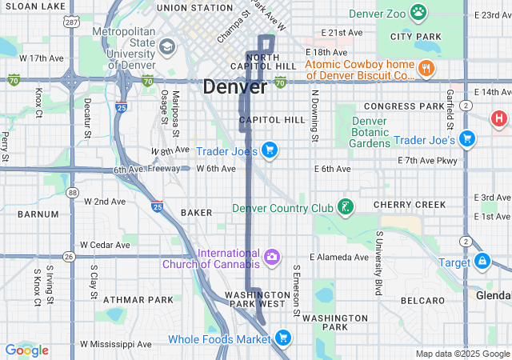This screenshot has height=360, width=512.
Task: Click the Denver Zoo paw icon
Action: (418, 12)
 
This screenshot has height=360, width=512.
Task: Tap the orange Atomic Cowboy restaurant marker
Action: (426, 69)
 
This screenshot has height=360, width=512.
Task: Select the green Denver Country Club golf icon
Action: (346, 208)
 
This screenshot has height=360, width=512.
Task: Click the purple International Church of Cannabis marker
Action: (272, 257)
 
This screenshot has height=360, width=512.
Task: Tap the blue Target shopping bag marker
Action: (482, 261)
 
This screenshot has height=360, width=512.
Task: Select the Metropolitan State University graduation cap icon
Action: (167, 46)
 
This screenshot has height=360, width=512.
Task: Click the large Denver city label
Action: (234, 87)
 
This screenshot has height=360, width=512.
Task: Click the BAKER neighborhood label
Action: (196, 213)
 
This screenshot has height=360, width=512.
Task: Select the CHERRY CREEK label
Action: (410, 205)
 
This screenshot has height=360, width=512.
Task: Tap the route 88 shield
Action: (73, 192)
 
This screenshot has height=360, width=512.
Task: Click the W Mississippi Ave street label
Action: (120, 344)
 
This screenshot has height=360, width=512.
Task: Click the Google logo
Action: (26, 350)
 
